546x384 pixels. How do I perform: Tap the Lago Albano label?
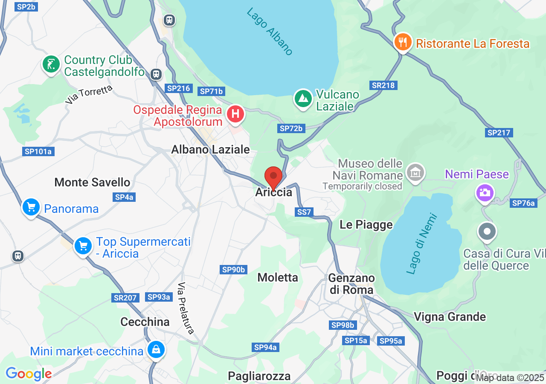tap(270, 32)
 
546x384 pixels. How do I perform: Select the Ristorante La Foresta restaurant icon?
tap(402, 42)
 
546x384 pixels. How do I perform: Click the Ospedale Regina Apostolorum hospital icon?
tap(235, 114)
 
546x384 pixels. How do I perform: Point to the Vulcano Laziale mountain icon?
tap(303, 99)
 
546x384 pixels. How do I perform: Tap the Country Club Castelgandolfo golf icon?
tap(51, 65)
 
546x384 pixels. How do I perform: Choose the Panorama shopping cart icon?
tap(31, 208)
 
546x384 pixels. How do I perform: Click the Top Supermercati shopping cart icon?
tap(83, 246)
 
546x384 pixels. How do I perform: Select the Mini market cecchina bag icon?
tap(156, 349)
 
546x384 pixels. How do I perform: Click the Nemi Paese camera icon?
tap(485, 192)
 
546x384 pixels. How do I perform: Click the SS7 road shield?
tap(304, 212)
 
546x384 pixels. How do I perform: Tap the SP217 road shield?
tap(499, 133)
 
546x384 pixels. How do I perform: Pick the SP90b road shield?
tap(234, 270)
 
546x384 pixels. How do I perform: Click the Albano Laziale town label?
tap(210, 149)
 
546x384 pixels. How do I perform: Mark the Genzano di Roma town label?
tap(351, 284)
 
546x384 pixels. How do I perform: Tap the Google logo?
tap(29, 374)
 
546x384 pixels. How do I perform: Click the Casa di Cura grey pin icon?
tap(487, 232)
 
